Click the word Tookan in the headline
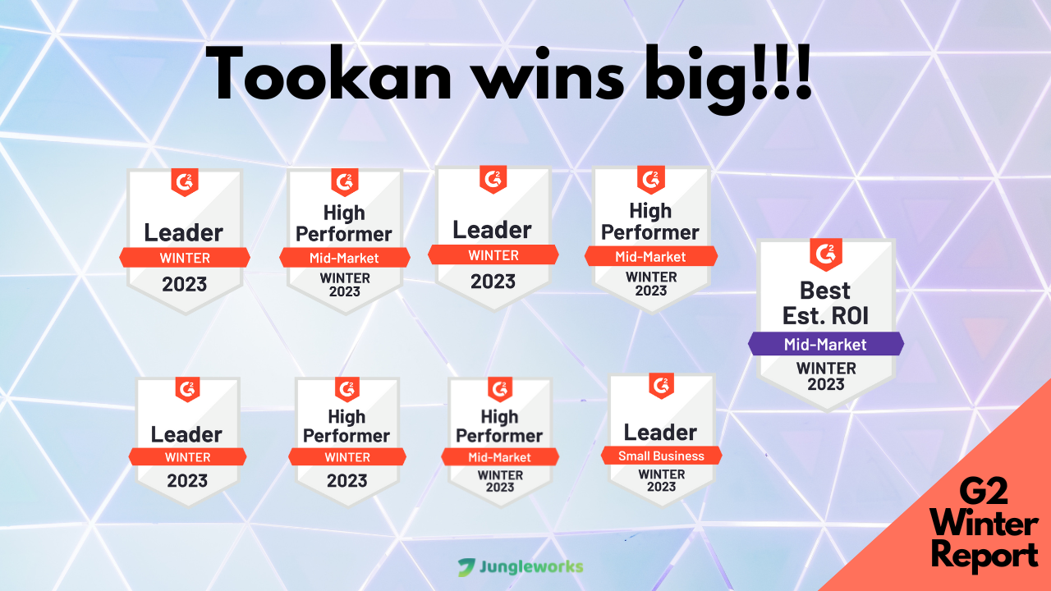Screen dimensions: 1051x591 click(328, 73)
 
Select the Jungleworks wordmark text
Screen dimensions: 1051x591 click(531, 567)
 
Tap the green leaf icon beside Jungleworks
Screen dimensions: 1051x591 click(466, 567)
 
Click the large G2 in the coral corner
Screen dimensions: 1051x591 click(984, 491)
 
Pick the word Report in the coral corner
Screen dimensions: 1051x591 click(984, 556)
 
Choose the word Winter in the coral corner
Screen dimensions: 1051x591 click(984, 524)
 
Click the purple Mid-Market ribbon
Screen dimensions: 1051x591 click(826, 344)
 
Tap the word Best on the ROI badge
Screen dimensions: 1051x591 click(825, 291)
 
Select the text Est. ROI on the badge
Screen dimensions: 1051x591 click(825, 315)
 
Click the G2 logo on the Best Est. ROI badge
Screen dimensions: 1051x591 click(826, 254)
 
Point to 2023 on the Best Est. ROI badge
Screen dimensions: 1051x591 click(826, 384)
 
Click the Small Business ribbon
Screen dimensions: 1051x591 click(662, 456)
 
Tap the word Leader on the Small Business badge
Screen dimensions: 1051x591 click(660, 433)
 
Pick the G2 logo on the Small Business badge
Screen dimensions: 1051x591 click(662, 386)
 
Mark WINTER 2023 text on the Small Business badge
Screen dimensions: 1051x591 click(662, 480)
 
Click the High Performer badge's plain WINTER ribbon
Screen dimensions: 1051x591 click(347, 457)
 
